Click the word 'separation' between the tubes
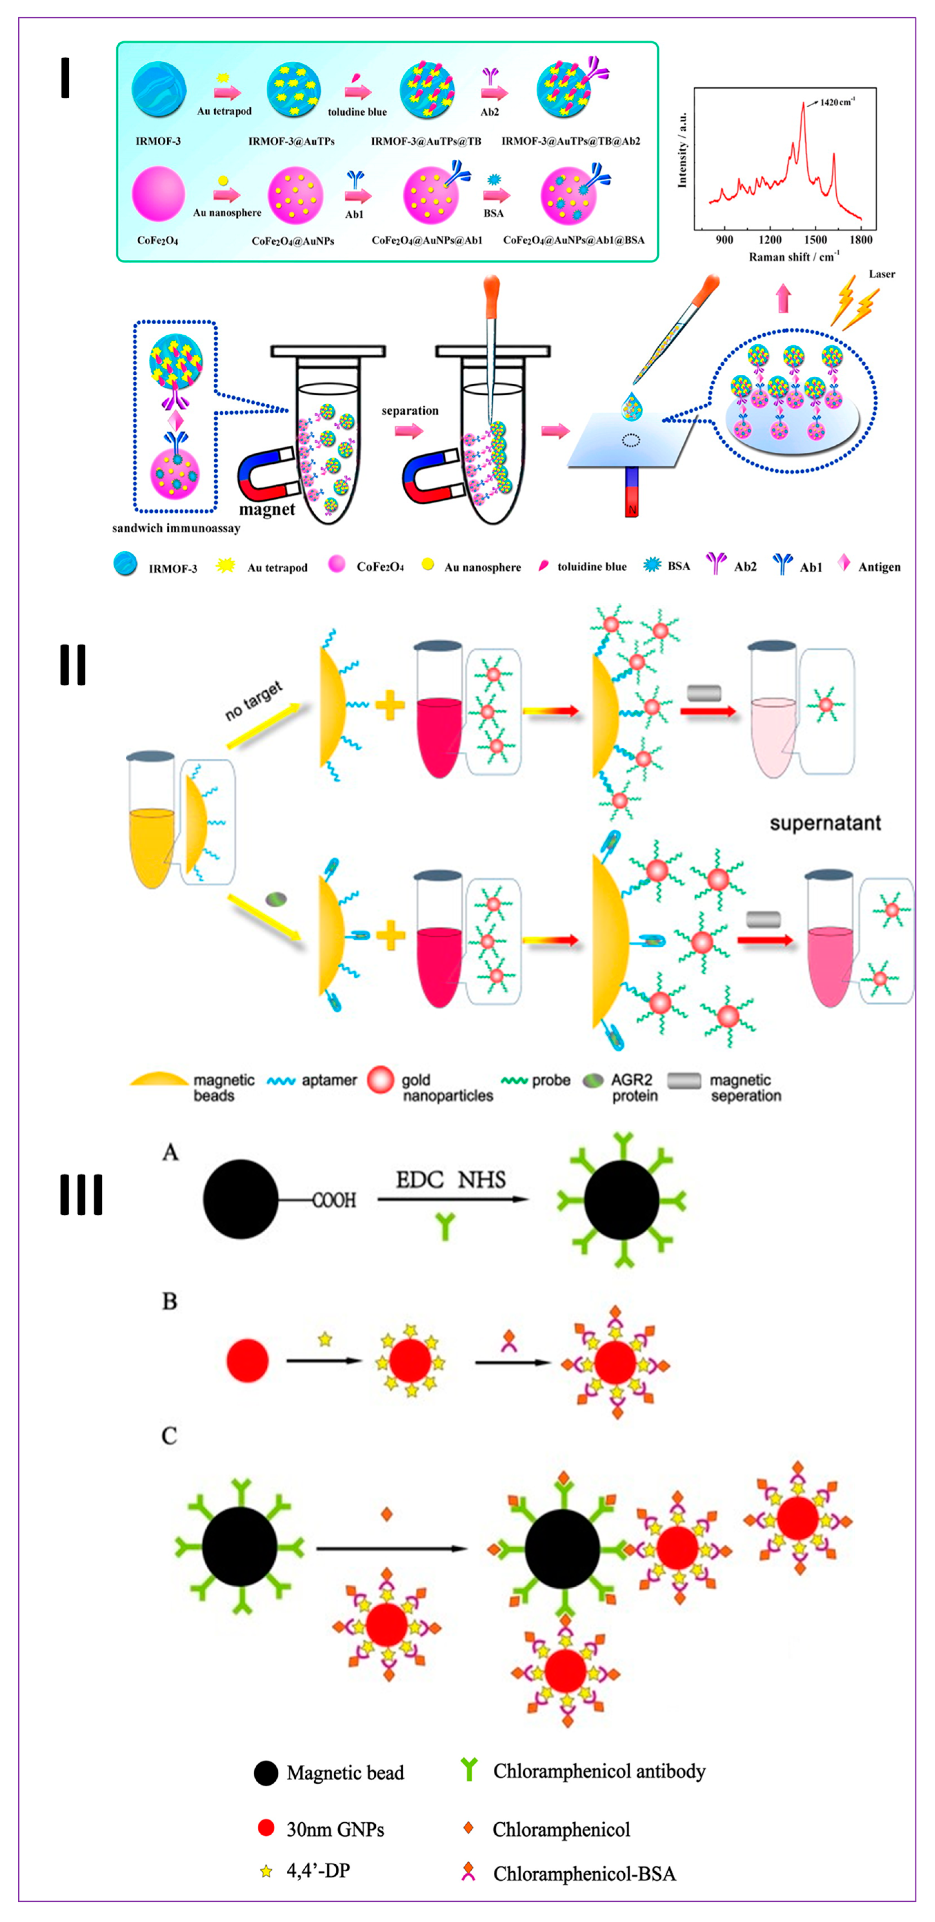pyautogui.click(x=410, y=410)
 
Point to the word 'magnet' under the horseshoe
pyautogui.click(x=266, y=510)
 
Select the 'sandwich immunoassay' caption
pyautogui.click(x=176, y=528)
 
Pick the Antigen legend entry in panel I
pyautogui.click(x=878, y=567)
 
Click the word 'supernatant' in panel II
pyautogui.click(x=825, y=823)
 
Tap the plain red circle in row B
pyautogui.click(x=247, y=1360)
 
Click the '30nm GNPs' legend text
pyautogui.click(x=335, y=1830)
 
